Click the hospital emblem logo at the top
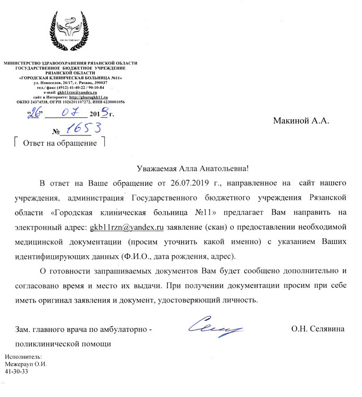[70, 29]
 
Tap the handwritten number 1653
[80, 129]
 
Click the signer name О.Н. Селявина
[318, 329]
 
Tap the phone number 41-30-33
[16, 371]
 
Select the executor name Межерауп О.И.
[26, 364]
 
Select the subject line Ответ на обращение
[58, 143]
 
